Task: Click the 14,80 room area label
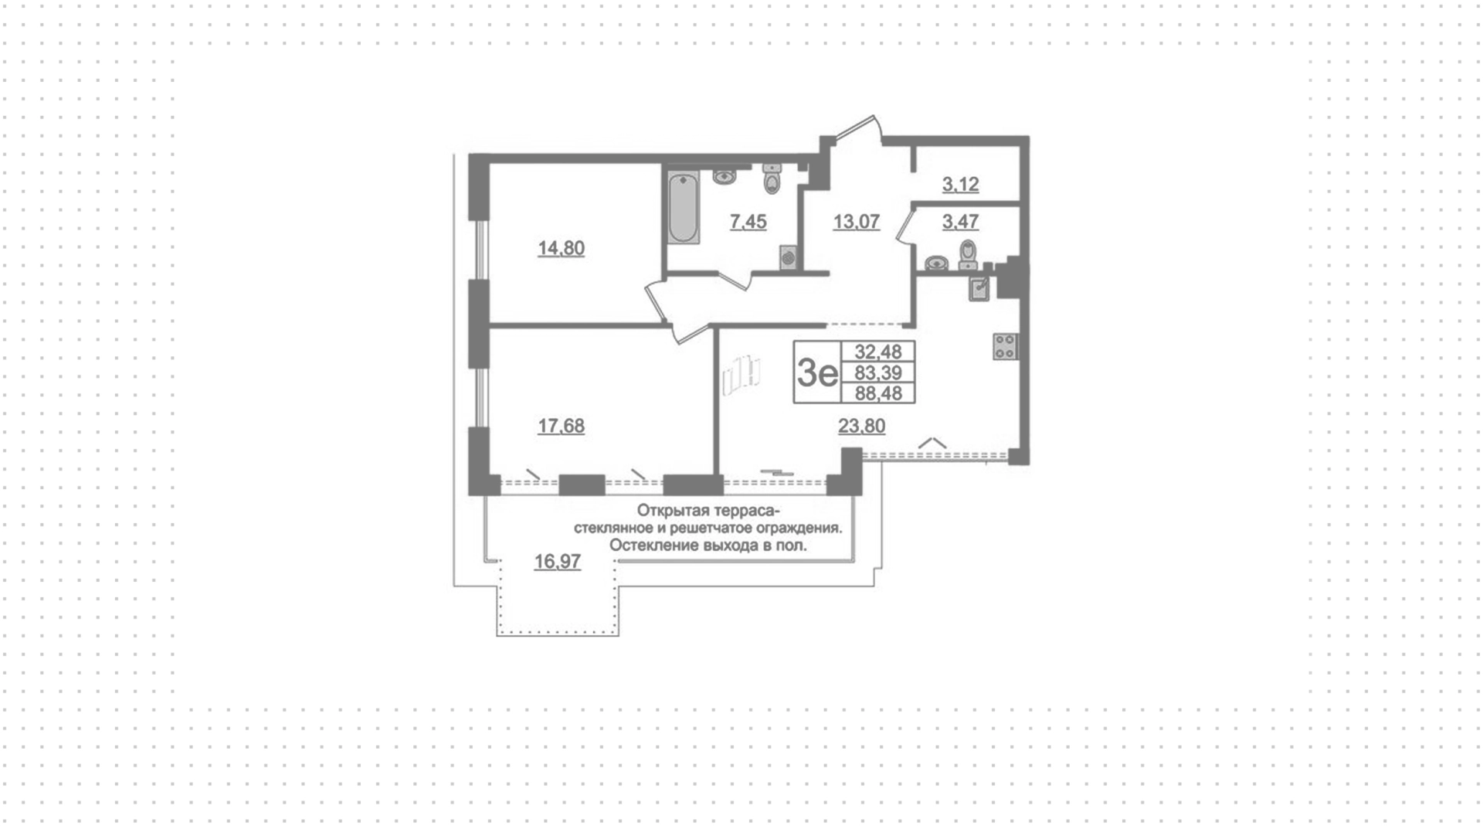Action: [x=561, y=248]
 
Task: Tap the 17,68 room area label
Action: [x=561, y=426]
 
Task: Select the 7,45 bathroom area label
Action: [x=748, y=222]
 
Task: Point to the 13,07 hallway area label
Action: [x=857, y=222]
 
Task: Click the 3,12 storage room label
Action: [x=960, y=185]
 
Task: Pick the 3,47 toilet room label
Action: [x=960, y=222]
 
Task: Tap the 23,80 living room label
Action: [x=862, y=426]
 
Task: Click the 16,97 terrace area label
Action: [x=558, y=562]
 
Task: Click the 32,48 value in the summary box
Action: [x=878, y=352]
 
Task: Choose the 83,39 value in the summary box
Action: [x=878, y=372]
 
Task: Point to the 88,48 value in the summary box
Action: [x=878, y=393]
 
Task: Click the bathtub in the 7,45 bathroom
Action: [x=683, y=209]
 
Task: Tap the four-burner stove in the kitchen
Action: [x=1005, y=346]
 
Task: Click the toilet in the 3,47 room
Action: [x=968, y=254]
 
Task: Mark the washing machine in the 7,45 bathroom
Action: [x=788, y=257]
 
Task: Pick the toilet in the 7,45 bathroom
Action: [x=772, y=178]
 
